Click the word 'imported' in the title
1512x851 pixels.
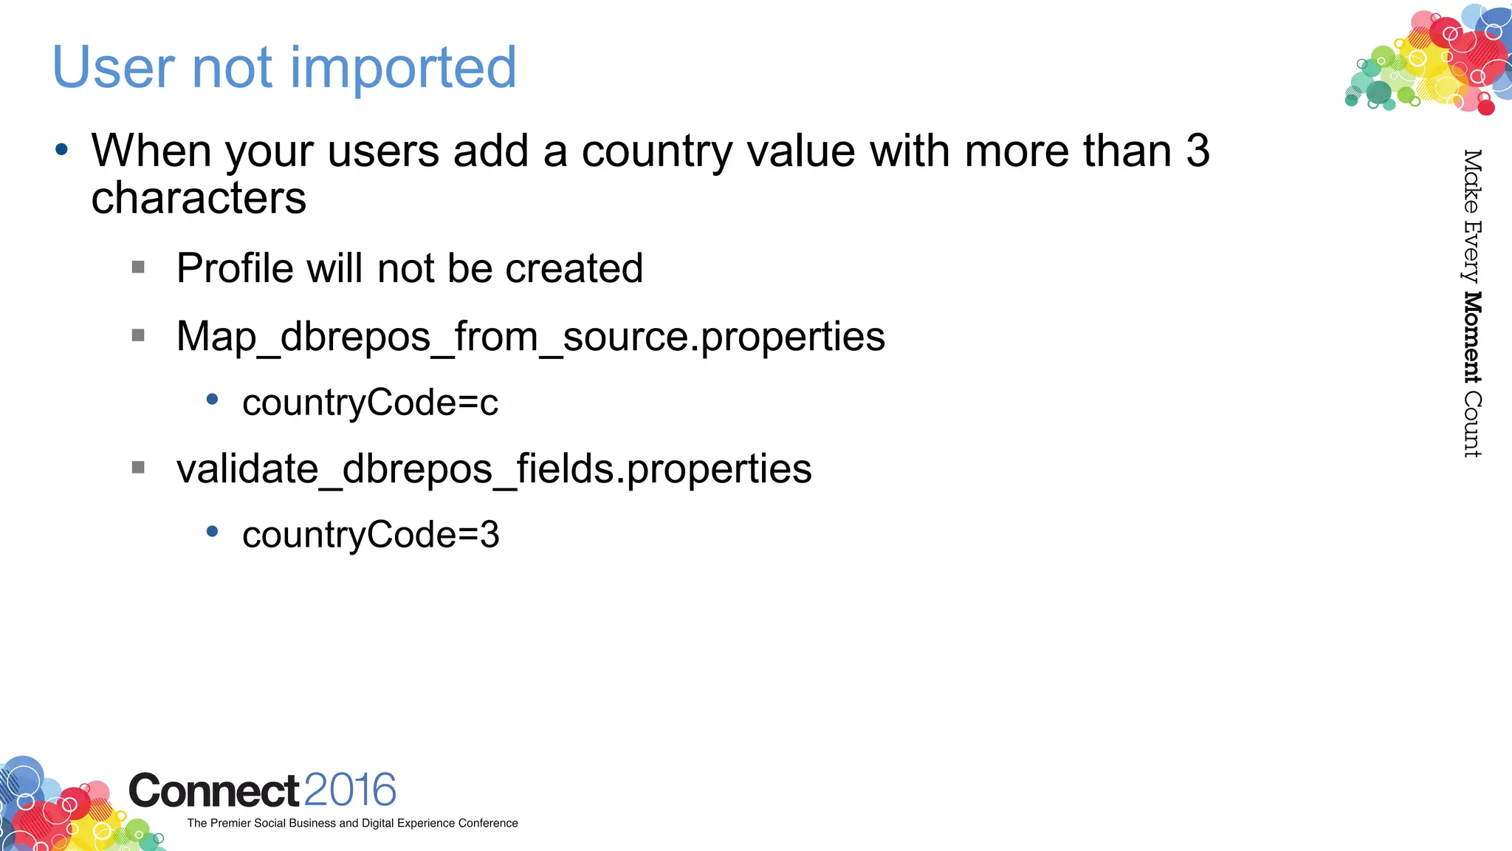coord(403,68)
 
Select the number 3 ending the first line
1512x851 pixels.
coord(1197,151)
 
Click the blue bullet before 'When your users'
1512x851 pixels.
coord(62,150)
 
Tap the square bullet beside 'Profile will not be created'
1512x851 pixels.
coord(138,267)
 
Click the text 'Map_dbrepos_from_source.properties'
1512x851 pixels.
coord(530,337)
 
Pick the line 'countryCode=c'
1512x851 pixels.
coord(370,403)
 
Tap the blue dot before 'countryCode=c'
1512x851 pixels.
coord(213,400)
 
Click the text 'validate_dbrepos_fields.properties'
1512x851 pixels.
coord(494,469)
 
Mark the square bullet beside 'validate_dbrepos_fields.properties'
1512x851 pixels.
coord(138,467)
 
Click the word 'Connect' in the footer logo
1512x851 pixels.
coord(214,791)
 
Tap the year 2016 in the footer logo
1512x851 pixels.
coord(350,790)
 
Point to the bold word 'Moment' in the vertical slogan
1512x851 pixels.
coord(1472,338)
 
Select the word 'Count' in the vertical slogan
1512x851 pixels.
coord(1472,425)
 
